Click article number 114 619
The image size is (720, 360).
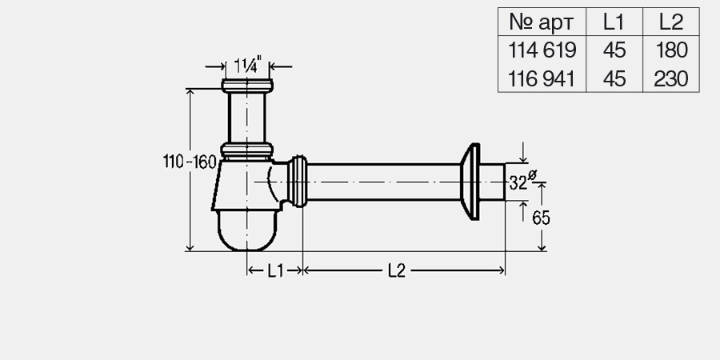[542, 50]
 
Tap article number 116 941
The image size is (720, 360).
[542, 78]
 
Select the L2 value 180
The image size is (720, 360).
[670, 50]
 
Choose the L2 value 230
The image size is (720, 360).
[670, 78]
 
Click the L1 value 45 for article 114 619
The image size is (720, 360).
[614, 50]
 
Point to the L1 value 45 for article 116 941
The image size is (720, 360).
[614, 78]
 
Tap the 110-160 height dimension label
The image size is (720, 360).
[190, 162]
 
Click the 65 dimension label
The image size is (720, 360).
[540, 217]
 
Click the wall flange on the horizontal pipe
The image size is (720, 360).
[470, 182]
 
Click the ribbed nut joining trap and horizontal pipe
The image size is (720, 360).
[299, 182]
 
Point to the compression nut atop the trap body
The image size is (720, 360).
[248, 150]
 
